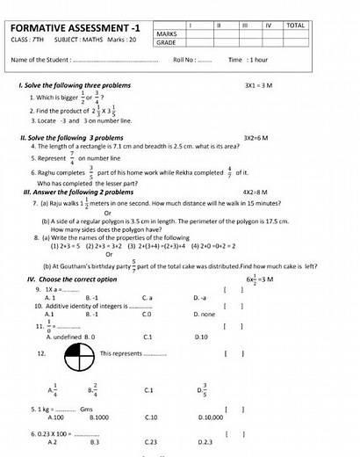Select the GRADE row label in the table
click(x=167, y=42)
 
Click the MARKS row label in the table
click(x=168, y=33)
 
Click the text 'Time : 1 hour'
click(x=247, y=60)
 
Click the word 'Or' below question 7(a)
click(x=108, y=213)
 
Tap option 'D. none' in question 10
click(x=205, y=314)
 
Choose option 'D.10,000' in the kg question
click(x=208, y=417)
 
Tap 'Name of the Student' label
click(x=40, y=60)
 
